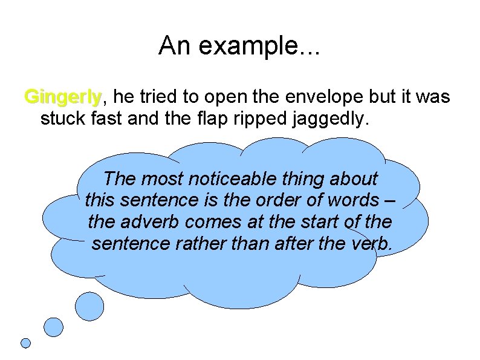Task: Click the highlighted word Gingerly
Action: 63,97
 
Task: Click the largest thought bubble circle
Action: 89,306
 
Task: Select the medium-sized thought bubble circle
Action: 54,327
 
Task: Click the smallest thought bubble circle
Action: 25,343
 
